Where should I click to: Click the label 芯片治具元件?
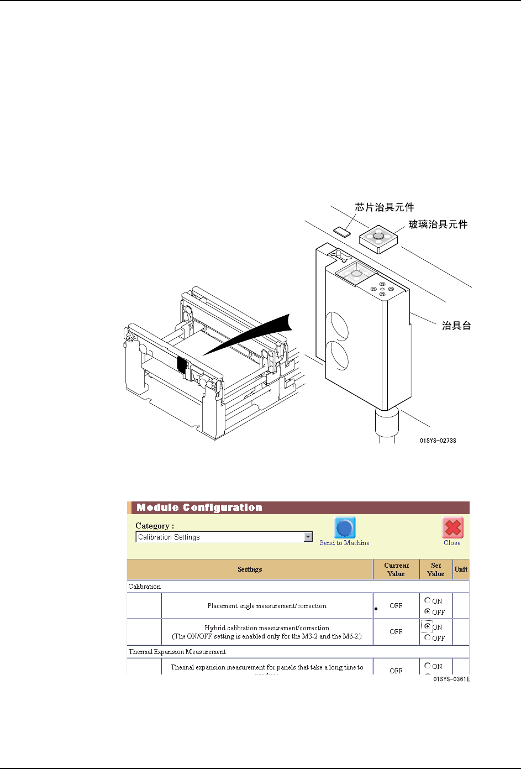pos(384,207)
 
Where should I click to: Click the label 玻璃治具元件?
pos(438,224)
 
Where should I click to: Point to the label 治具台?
pos(456,326)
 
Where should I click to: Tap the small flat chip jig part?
pos(343,230)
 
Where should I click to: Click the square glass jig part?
pos(378,238)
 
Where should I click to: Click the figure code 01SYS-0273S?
pos(438,441)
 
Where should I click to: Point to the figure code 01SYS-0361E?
pos(451,679)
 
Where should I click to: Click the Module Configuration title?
pos(199,508)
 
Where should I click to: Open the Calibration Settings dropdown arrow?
pos(308,537)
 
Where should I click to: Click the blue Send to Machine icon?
pos(345,528)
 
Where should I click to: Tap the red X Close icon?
pos(452,528)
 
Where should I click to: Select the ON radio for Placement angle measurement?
pos(428,600)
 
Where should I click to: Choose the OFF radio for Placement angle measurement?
pos(428,611)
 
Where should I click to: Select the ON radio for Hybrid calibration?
pos(428,626)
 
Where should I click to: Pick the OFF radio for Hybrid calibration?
pos(428,637)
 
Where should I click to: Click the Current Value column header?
pos(396,569)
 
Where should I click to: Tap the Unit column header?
pos(461,569)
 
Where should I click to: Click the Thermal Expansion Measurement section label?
pos(177,652)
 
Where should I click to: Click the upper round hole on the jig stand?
pos(336,325)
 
